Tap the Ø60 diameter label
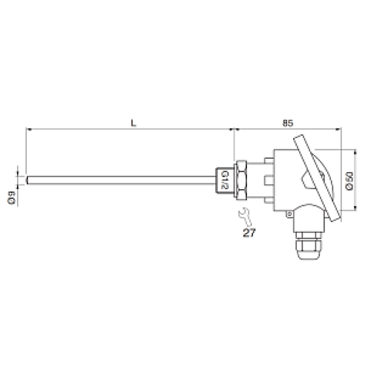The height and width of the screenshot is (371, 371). pos(348,180)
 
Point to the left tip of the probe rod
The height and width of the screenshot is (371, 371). pos(28,179)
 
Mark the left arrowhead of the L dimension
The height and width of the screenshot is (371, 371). pos(29,128)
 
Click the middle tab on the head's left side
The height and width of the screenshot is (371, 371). pos(266,179)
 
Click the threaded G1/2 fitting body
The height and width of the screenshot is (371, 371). pos(226,179)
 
